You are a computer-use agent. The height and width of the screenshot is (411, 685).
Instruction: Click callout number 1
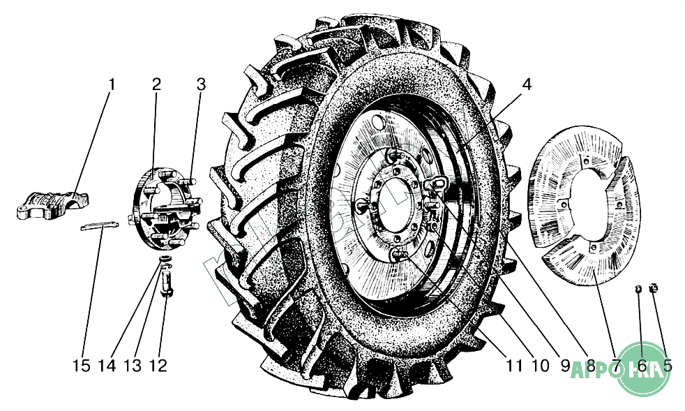point(112,84)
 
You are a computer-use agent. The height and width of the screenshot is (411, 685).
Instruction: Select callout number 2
point(156,84)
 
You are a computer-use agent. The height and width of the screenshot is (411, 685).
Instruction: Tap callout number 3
point(201,84)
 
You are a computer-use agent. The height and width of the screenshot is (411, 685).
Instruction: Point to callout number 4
point(526,84)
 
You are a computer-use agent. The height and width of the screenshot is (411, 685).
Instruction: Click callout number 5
point(668,366)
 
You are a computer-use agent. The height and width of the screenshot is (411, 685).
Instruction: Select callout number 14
point(107,366)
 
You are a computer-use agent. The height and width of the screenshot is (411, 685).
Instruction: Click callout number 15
point(82,366)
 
